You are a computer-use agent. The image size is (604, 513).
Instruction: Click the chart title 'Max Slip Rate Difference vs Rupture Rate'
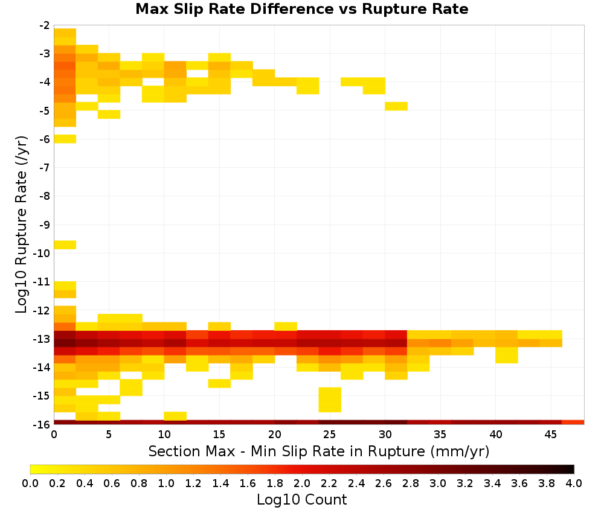click(301, 9)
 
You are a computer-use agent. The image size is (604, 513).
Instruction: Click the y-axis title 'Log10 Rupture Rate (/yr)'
click(21, 224)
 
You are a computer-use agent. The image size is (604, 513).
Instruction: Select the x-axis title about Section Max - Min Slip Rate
click(318, 451)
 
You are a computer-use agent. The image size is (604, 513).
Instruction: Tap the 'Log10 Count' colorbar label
click(301, 500)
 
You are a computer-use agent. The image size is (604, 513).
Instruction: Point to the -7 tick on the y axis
click(45, 167)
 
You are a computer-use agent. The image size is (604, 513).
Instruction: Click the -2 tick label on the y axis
click(45, 25)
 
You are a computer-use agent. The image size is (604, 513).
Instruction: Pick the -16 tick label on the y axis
click(42, 424)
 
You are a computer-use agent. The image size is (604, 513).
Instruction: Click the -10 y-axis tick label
click(42, 253)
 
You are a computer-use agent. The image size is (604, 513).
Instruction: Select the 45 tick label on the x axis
click(550, 435)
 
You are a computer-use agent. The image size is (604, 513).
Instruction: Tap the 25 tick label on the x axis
click(330, 435)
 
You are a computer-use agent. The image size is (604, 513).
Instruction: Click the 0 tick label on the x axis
click(54, 435)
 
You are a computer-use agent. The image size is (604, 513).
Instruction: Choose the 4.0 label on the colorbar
click(574, 483)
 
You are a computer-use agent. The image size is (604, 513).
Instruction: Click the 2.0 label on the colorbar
click(302, 483)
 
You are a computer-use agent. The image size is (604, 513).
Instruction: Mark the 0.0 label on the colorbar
click(30, 483)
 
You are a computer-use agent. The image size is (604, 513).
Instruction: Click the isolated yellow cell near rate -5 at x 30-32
click(396, 106)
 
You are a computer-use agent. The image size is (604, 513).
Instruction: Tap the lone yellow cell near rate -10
click(65, 245)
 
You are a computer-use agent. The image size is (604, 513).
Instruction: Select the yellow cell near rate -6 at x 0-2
click(65, 139)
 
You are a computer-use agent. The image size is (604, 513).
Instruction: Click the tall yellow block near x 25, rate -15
click(330, 400)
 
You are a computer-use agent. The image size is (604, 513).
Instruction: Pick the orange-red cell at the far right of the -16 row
click(573, 422)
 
